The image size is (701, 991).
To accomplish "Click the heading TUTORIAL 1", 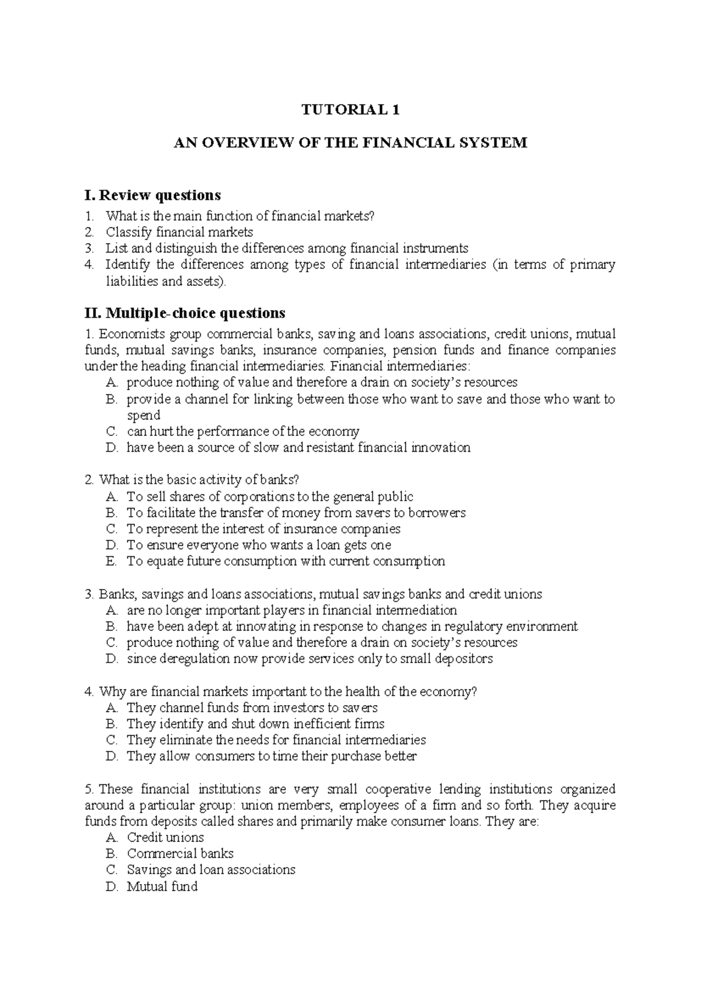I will pos(350,110).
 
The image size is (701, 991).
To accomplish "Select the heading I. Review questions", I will pos(153,195).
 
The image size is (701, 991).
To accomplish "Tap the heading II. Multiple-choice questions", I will pos(185,313).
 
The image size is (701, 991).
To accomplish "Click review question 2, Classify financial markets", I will pos(179,232).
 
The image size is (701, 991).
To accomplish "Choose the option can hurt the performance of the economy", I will pos(243,432).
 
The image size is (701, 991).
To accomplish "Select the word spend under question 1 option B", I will pos(144,415).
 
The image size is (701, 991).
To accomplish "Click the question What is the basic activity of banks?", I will pos(199,480).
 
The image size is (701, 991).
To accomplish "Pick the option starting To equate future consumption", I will pos(286,562).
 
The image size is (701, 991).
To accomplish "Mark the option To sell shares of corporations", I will pos(270,497).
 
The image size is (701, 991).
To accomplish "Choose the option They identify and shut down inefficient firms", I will pos(255,724).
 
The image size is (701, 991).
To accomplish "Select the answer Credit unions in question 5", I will pos(165,837).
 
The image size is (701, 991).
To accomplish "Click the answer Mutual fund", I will pos(162,886).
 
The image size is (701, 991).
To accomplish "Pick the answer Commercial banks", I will pos(180,854).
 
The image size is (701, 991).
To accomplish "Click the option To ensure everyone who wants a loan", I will pos(259,545).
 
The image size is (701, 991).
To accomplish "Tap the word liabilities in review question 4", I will pos(131,282).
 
